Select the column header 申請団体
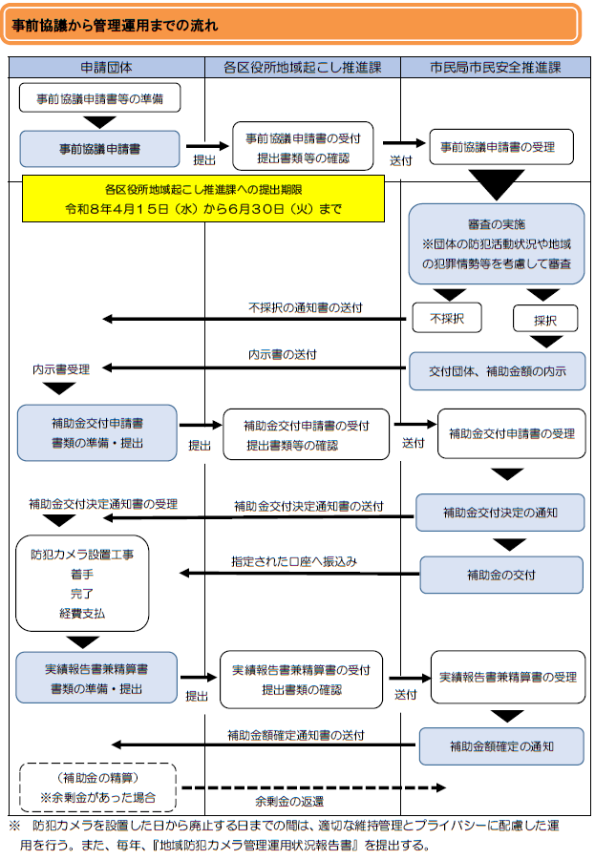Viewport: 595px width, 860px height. (107, 68)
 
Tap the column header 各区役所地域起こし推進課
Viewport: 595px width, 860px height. (302, 68)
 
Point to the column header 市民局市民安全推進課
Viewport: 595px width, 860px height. (495, 68)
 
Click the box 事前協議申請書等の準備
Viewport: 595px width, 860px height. (100, 98)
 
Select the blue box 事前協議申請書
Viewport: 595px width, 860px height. (100, 149)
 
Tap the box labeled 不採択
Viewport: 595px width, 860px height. (446, 318)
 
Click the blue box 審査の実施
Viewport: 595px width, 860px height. (496, 243)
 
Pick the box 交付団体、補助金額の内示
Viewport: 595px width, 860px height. (496, 371)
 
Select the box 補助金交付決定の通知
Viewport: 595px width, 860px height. (499, 513)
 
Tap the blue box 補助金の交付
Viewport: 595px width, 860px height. (500, 575)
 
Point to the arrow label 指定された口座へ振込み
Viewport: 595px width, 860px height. (293, 561)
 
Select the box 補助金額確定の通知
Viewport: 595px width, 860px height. (501, 745)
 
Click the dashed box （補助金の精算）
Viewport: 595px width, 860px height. (96, 787)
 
